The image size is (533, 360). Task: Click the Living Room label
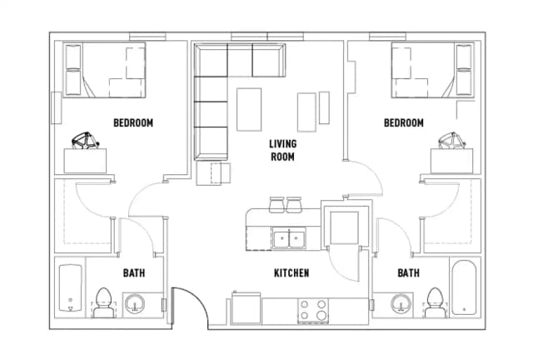[282, 149]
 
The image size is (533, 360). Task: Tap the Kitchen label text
[291, 273]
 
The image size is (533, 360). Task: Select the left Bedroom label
[133, 123]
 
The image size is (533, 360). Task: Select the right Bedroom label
[403, 123]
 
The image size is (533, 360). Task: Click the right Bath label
[408, 273]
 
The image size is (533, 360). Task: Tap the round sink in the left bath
[134, 304]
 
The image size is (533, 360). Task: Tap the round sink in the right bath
[401, 304]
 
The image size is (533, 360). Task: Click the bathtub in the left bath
[69, 288]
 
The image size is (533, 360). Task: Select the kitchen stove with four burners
[315, 310]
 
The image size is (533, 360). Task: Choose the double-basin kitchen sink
[289, 239]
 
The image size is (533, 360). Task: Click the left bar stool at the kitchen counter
[276, 203]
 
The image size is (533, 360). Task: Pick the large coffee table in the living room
[249, 109]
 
